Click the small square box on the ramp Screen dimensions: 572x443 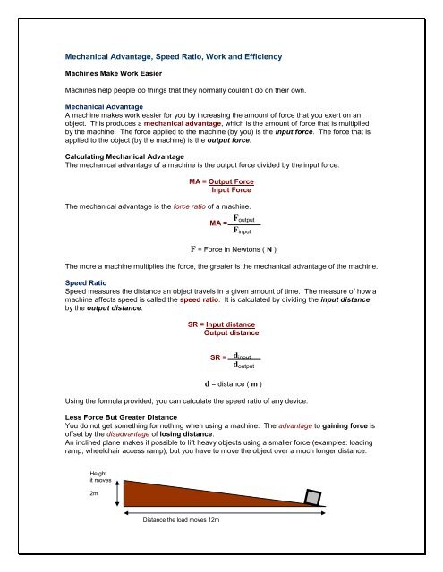click(x=313, y=497)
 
